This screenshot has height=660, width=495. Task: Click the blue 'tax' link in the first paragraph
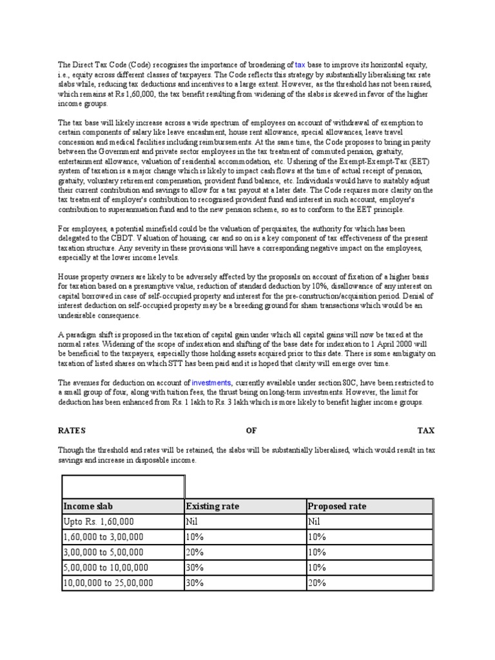pos(300,66)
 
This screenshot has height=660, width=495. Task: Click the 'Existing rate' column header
pos(212,506)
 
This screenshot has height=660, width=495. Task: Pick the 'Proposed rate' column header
pos(338,506)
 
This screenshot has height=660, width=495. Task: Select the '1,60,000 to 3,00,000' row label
pos(103,536)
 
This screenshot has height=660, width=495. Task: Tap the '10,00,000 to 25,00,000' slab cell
pos(108,583)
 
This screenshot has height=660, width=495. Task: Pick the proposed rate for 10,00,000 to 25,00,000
pos(318,583)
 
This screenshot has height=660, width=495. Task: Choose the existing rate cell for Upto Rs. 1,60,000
pos(192,521)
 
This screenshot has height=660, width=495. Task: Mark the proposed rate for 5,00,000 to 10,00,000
pos(318,567)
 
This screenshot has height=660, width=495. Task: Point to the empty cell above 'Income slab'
pos(123,487)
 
